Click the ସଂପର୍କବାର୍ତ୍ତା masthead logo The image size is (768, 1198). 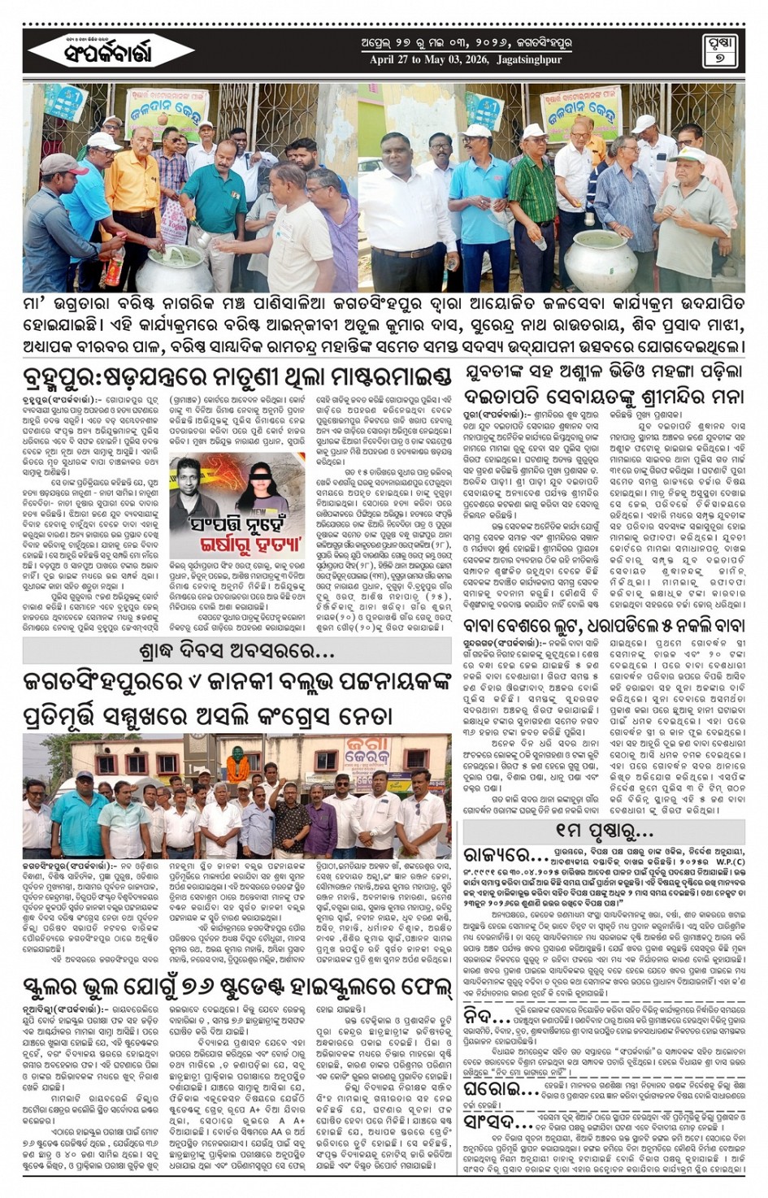point(102,51)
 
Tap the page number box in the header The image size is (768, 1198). point(718,51)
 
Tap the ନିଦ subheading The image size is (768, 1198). point(488,1018)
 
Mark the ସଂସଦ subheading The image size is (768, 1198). point(492,1122)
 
